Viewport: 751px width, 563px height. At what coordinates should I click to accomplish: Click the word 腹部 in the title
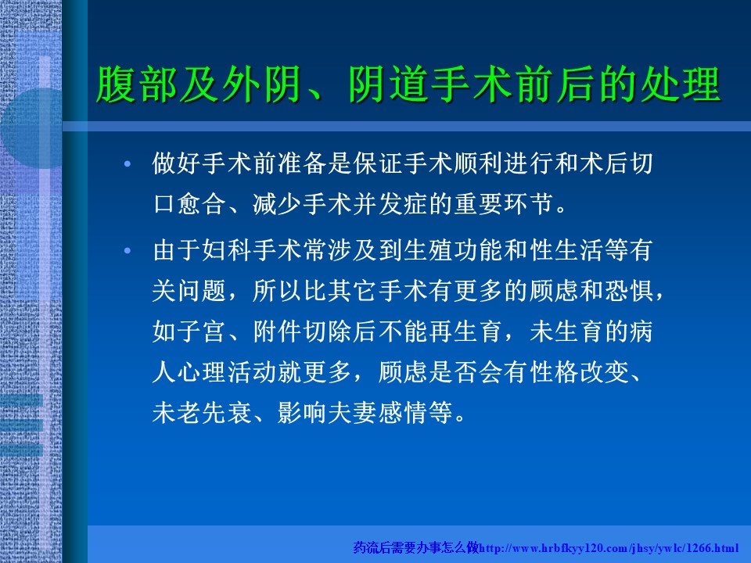tap(137, 84)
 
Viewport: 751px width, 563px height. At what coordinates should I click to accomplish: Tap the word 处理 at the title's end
tap(681, 84)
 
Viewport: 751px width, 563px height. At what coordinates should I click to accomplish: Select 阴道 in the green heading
tap(389, 84)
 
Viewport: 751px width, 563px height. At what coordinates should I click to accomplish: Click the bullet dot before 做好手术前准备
tap(127, 163)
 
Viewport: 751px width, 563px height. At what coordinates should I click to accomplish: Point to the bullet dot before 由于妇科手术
tap(127, 250)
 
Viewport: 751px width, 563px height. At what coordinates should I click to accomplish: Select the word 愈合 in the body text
tap(202, 204)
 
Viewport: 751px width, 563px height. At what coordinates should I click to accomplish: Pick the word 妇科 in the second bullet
tap(227, 250)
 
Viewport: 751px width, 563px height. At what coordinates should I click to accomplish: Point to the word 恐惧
tap(629, 291)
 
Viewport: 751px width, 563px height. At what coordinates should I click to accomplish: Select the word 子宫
tap(202, 332)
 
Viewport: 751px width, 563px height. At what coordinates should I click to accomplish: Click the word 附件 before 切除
tap(277, 332)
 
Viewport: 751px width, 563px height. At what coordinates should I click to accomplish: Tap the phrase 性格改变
tap(580, 372)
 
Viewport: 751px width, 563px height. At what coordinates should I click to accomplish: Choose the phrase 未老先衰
tap(202, 413)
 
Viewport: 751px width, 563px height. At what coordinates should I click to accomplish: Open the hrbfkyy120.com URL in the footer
tap(609, 548)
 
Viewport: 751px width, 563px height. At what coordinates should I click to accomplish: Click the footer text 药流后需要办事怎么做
tap(416, 547)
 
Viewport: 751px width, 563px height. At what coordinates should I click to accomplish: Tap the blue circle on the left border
tap(31, 128)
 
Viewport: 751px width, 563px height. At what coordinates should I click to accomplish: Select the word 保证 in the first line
tap(378, 163)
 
